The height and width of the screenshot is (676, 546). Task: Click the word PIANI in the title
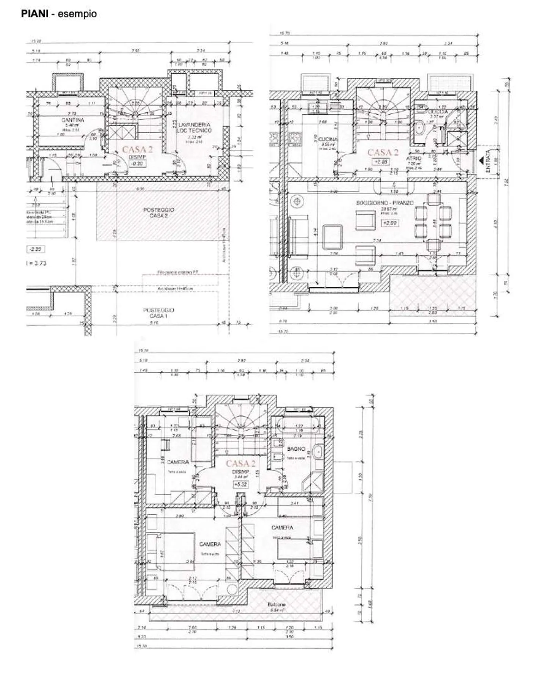tap(35, 14)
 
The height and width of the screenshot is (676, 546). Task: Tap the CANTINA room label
tap(73, 120)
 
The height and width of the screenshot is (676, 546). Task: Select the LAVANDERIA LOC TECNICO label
tap(194, 127)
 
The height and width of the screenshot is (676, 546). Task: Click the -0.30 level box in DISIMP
tap(137, 163)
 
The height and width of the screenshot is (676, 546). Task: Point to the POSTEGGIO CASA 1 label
tap(158, 313)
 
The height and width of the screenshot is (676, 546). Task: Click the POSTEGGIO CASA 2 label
tap(158, 212)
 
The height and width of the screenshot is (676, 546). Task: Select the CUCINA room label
tap(328, 139)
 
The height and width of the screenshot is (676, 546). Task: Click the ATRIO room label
tap(414, 158)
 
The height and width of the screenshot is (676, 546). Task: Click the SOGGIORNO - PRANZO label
tap(384, 203)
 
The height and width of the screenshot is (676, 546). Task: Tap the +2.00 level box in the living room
tap(389, 223)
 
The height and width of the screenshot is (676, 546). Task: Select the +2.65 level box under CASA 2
tap(381, 162)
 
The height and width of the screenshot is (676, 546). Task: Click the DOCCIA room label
tap(438, 112)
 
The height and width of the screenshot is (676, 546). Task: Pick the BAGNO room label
tap(296, 449)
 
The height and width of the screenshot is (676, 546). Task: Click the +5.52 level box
tap(240, 484)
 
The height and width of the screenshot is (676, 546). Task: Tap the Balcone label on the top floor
tap(276, 605)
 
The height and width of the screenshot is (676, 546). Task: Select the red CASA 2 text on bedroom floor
tap(240, 463)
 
